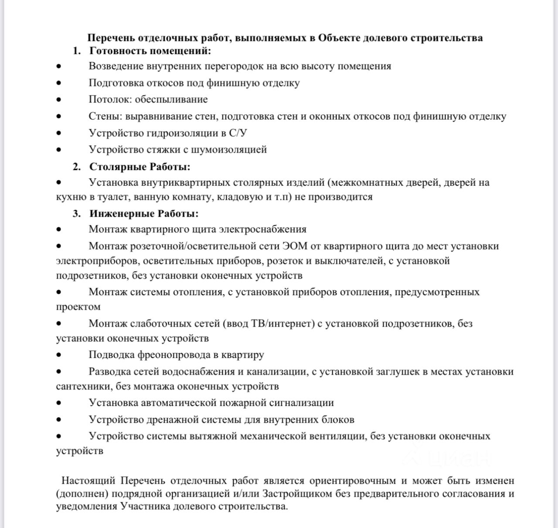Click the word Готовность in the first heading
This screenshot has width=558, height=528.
tap(118, 51)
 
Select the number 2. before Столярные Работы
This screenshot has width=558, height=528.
tap(77, 167)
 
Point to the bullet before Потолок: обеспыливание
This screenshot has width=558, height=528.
tap(58, 100)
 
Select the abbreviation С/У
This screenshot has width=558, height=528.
tap(240, 133)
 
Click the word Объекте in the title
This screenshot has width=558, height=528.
tap(339, 38)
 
